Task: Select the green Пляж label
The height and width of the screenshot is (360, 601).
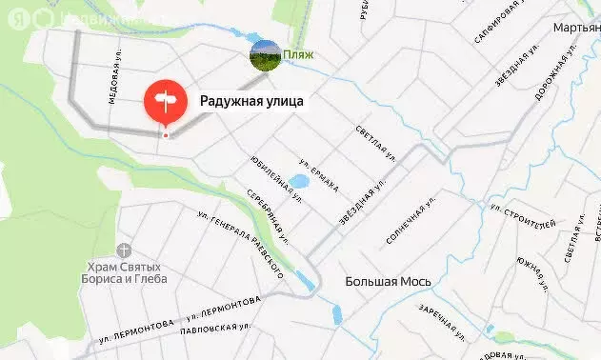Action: [298, 55]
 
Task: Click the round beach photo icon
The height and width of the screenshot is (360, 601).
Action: [265, 55]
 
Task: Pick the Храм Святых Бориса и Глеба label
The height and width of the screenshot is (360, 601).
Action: [124, 273]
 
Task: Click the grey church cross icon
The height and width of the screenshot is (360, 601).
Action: [124, 250]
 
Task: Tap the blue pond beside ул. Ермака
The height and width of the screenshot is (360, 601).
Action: [298, 180]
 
